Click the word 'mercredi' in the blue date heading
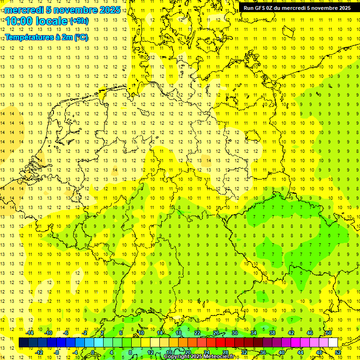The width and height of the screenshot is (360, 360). pyautogui.click(x=24, y=10)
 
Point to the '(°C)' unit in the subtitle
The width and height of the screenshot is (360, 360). pyautogui.click(x=81, y=37)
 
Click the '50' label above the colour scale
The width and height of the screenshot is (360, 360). pyautogui.click(x=329, y=333)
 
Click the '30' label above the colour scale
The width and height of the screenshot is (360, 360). pyautogui.click(x=234, y=333)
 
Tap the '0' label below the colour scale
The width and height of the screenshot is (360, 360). pyautogui.click(x=93, y=352)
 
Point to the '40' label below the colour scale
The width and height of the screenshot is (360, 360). pyautogui.click(x=282, y=352)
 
